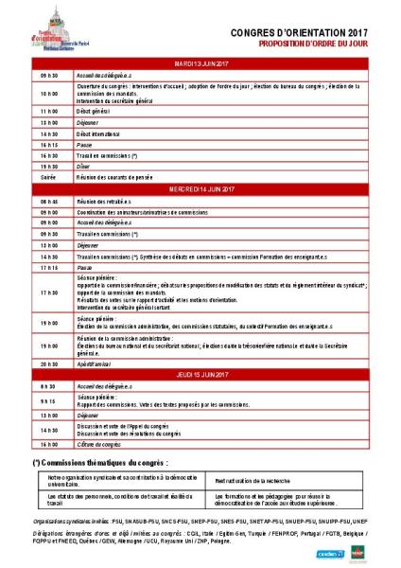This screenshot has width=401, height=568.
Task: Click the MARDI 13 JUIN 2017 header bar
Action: point(200,62)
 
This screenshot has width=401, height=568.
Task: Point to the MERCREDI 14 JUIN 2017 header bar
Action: point(200,190)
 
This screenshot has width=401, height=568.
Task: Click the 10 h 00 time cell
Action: point(50,94)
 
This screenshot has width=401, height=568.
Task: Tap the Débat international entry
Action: point(105,133)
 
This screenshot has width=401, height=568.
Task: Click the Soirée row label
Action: point(48,176)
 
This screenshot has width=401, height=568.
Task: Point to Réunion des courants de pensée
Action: point(122,176)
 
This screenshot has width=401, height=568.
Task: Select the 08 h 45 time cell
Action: point(50,202)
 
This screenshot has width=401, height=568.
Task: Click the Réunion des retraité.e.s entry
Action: point(110,202)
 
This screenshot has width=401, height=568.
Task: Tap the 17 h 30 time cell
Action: point(50,293)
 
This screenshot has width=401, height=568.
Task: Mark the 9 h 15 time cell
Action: point(50,399)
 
